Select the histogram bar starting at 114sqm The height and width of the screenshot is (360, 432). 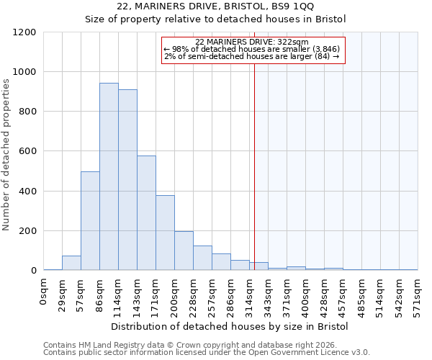pos(127,180)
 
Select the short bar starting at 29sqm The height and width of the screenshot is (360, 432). pos(71,263)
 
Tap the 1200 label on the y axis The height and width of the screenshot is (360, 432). pos(23,32)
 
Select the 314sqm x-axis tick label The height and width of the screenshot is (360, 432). pos(250,295)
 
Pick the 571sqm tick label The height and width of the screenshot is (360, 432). pos(418,295)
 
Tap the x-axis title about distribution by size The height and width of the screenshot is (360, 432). pos(230,326)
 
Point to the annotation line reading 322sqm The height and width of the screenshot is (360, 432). pos(252,42)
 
